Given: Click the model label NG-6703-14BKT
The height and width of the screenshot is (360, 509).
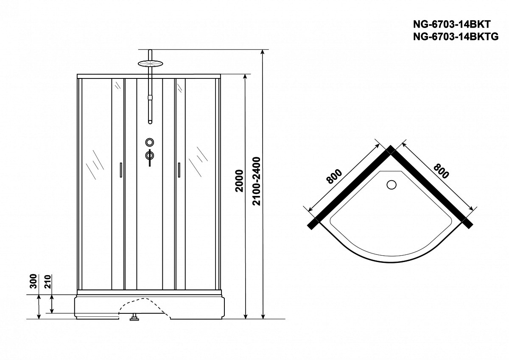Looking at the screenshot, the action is point(452,24).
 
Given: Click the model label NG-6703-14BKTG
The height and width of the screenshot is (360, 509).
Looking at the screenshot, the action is point(456,36).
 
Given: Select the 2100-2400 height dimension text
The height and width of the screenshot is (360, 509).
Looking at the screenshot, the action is point(257,181).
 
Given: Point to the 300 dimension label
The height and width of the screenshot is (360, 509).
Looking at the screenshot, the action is point(34,281).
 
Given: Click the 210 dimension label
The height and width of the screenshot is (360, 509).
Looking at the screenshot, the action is point(48,282).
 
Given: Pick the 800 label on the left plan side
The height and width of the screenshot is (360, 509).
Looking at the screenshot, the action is point(334,176).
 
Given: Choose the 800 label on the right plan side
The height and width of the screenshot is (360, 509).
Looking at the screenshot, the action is point(441,171).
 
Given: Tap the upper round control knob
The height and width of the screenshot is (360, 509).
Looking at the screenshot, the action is point(149,142).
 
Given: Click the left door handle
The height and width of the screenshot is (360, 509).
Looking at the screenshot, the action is point(121,170).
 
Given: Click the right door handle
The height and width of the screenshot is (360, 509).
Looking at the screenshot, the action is point(179,170).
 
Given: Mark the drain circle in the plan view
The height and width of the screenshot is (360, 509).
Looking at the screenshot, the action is point(391,184).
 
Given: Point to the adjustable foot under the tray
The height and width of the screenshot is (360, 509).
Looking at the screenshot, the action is point(134,317).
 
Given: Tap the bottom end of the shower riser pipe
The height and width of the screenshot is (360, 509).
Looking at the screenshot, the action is point(150,122).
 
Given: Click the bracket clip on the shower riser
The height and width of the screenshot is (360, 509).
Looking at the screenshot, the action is point(150,98).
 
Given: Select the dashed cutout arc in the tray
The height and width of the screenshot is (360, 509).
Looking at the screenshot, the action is point(144,307).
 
